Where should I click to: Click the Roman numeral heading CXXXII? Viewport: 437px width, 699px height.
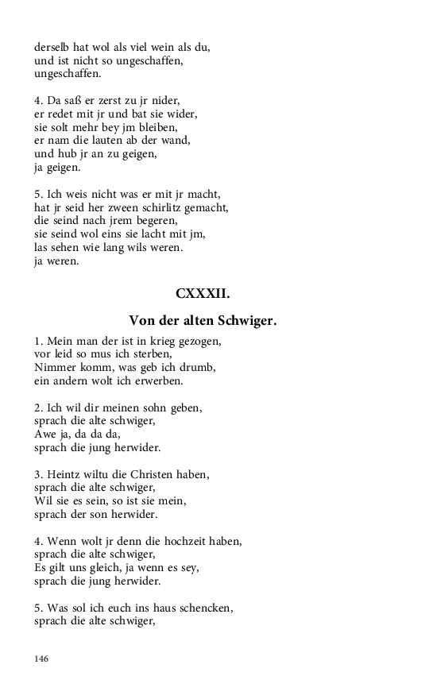click(203, 294)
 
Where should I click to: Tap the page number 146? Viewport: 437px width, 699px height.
click(42, 658)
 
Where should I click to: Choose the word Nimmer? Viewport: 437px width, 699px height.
click(53, 368)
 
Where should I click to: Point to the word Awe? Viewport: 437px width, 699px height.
click(44, 434)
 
